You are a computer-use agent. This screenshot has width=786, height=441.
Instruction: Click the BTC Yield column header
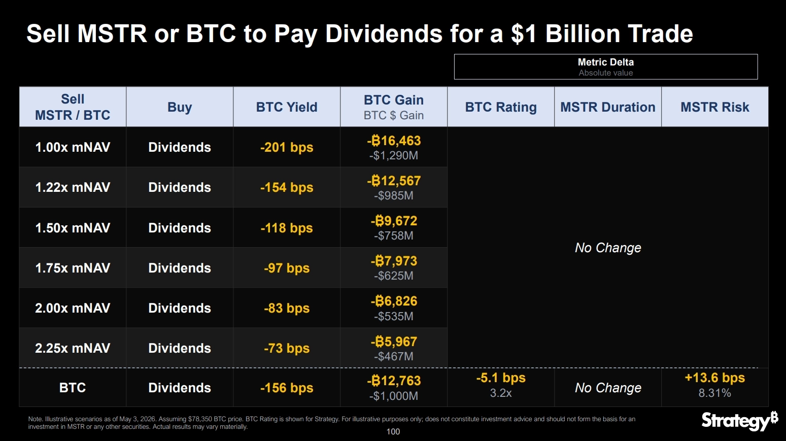pyautogui.click(x=286, y=107)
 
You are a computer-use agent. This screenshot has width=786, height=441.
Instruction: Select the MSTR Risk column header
pyautogui.click(x=715, y=107)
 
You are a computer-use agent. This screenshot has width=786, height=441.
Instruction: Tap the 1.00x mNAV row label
pyautogui.click(x=73, y=147)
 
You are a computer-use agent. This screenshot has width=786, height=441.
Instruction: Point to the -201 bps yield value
pyautogui.click(x=286, y=147)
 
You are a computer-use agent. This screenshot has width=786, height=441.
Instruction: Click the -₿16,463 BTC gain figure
pyautogui.click(x=394, y=141)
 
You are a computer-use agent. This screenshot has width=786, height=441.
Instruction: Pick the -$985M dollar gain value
pyautogui.click(x=394, y=195)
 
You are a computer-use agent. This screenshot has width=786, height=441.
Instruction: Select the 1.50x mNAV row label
pyautogui.click(x=73, y=228)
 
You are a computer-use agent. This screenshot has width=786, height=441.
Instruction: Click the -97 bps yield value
pyautogui.click(x=286, y=268)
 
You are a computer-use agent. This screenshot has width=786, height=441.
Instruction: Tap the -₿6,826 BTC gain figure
pyautogui.click(x=394, y=301)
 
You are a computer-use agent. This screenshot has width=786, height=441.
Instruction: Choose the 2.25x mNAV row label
pyautogui.click(x=73, y=348)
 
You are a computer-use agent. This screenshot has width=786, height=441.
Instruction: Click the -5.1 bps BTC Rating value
pyautogui.click(x=501, y=378)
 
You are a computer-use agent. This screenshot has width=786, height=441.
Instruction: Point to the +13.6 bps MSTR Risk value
pyautogui.click(x=715, y=378)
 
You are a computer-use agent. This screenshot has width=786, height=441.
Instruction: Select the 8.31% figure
pyautogui.click(x=715, y=393)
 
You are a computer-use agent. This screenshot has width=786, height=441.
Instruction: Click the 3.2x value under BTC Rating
pyautogui.click(x=501, y=393)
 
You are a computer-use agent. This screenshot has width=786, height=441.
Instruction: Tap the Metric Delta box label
pyautogui.click(x=606, y=62)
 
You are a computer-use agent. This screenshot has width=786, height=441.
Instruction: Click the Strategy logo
pyautogui.click(x=740, y=421)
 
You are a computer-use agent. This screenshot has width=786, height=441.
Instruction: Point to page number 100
pyautogui.click(x=393, y=431)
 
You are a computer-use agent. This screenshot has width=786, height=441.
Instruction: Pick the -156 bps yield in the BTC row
pyautogui.click(x=286, y=388)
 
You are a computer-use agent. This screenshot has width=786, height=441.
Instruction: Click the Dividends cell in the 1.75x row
pyautogui.click(x=179, y=268)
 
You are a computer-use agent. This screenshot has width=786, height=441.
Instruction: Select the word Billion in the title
pyautogui.click(x=583, y=33)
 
